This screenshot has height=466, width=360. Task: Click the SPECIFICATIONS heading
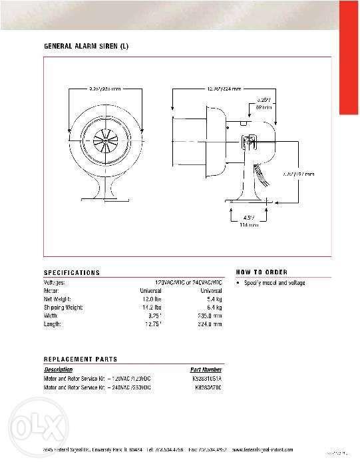pyautogui.click(x=71, y=273)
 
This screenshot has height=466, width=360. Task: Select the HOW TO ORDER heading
pyautogui.click(x=262, y=272)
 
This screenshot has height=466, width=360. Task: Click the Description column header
pyautogui.click(x=58, y=369)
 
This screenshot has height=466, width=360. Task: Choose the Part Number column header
pyautogui.click(x=206, y=369)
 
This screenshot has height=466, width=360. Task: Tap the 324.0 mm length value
pyautogui.click(x=210, y=324)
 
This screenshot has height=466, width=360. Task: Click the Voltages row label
pyautogui.click(x=55, y=283)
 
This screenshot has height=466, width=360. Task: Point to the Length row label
pyautogui.click(x=53, y=324)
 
